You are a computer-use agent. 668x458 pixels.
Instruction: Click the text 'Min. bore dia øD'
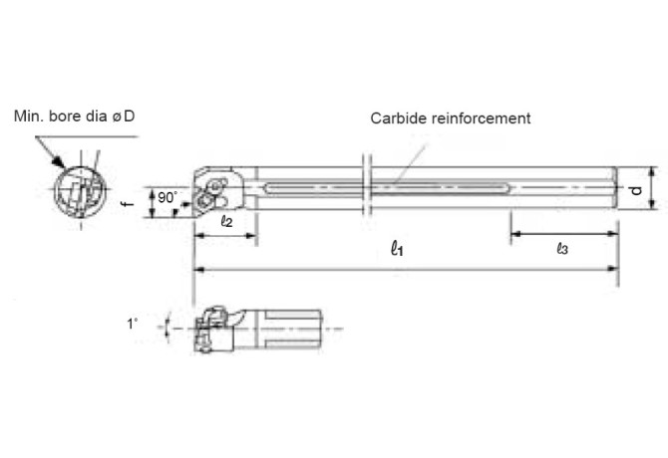75,117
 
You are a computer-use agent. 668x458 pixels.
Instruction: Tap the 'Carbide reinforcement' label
451,118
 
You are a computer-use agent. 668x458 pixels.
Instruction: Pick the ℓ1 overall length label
397,249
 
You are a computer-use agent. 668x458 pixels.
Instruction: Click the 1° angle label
131,324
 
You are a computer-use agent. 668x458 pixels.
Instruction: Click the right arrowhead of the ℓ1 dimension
611,269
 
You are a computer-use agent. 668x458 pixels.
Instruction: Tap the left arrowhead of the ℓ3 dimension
516,236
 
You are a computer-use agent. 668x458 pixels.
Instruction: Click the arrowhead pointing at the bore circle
60,164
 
